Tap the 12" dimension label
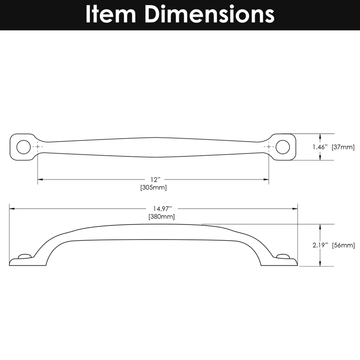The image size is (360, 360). coord(155,179)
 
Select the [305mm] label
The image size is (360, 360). coord(153,188)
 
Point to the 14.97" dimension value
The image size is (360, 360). coord(163,208)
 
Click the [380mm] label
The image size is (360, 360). coord(161,216)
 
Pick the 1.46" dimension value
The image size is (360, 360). coord(320,147)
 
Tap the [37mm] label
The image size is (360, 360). coord(343,147)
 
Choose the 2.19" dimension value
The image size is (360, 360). coord(320,245)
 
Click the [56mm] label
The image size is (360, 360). coord(343,245)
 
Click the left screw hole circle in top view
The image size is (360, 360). coord(23,147)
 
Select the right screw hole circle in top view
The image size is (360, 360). coord(283,147)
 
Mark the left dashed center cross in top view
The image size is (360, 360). coord(38,147)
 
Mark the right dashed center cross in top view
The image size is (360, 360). coord(269,147)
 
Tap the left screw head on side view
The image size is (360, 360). coord(24,256)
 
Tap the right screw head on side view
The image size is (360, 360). coord(283,256)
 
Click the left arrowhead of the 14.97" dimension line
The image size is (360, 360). coord(12,209)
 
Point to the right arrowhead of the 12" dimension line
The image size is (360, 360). coord(266,179)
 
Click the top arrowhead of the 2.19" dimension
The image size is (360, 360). coord(320,226)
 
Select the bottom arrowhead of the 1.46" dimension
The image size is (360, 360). coord(320,158)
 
